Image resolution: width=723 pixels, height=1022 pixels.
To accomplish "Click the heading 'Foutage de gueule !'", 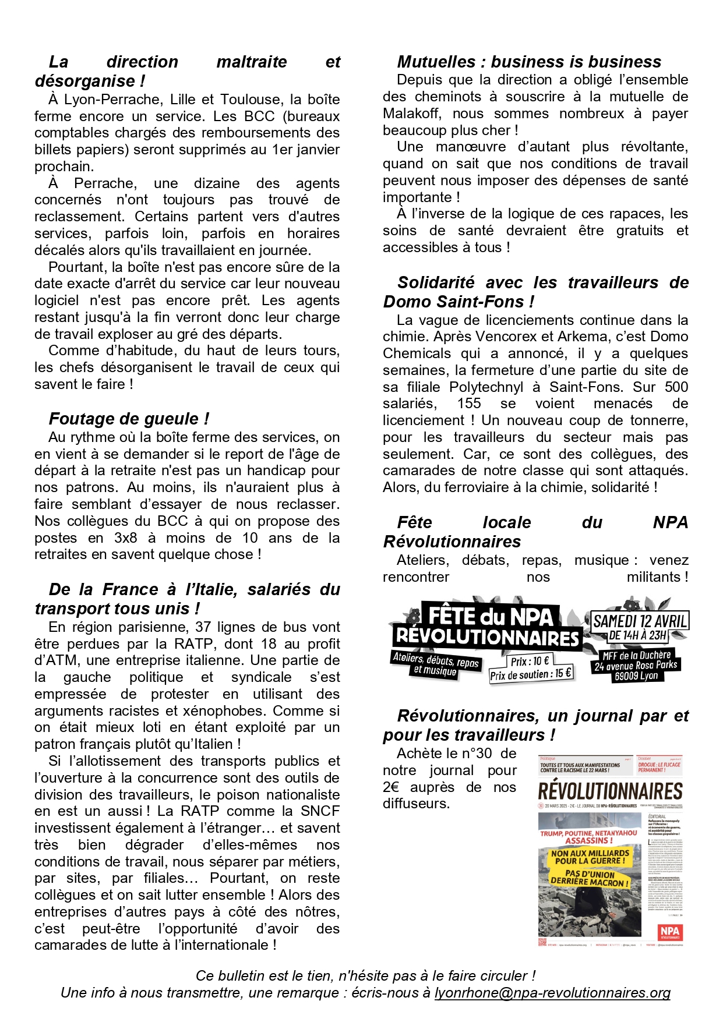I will tap(129, 419).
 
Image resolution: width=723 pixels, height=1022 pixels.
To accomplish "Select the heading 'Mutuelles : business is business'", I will tap(529, 62).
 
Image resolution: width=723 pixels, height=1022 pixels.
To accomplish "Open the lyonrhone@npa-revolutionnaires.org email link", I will tap(552, 992).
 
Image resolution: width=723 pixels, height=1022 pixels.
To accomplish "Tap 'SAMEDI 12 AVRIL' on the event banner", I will tap(640, 621).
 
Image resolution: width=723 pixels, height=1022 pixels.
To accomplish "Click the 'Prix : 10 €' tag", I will tap(530, 661).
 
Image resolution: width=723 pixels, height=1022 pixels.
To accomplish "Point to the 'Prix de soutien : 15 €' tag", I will tap(531, 674).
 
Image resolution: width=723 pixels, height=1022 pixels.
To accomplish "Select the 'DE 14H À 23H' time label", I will tap(637, 635).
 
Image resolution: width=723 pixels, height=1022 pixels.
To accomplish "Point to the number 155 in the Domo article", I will tap(469, 404).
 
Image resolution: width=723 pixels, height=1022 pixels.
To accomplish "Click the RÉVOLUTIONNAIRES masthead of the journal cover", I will tap(610, 791).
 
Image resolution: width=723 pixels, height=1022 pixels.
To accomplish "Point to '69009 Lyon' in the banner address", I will tap(636, 676).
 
